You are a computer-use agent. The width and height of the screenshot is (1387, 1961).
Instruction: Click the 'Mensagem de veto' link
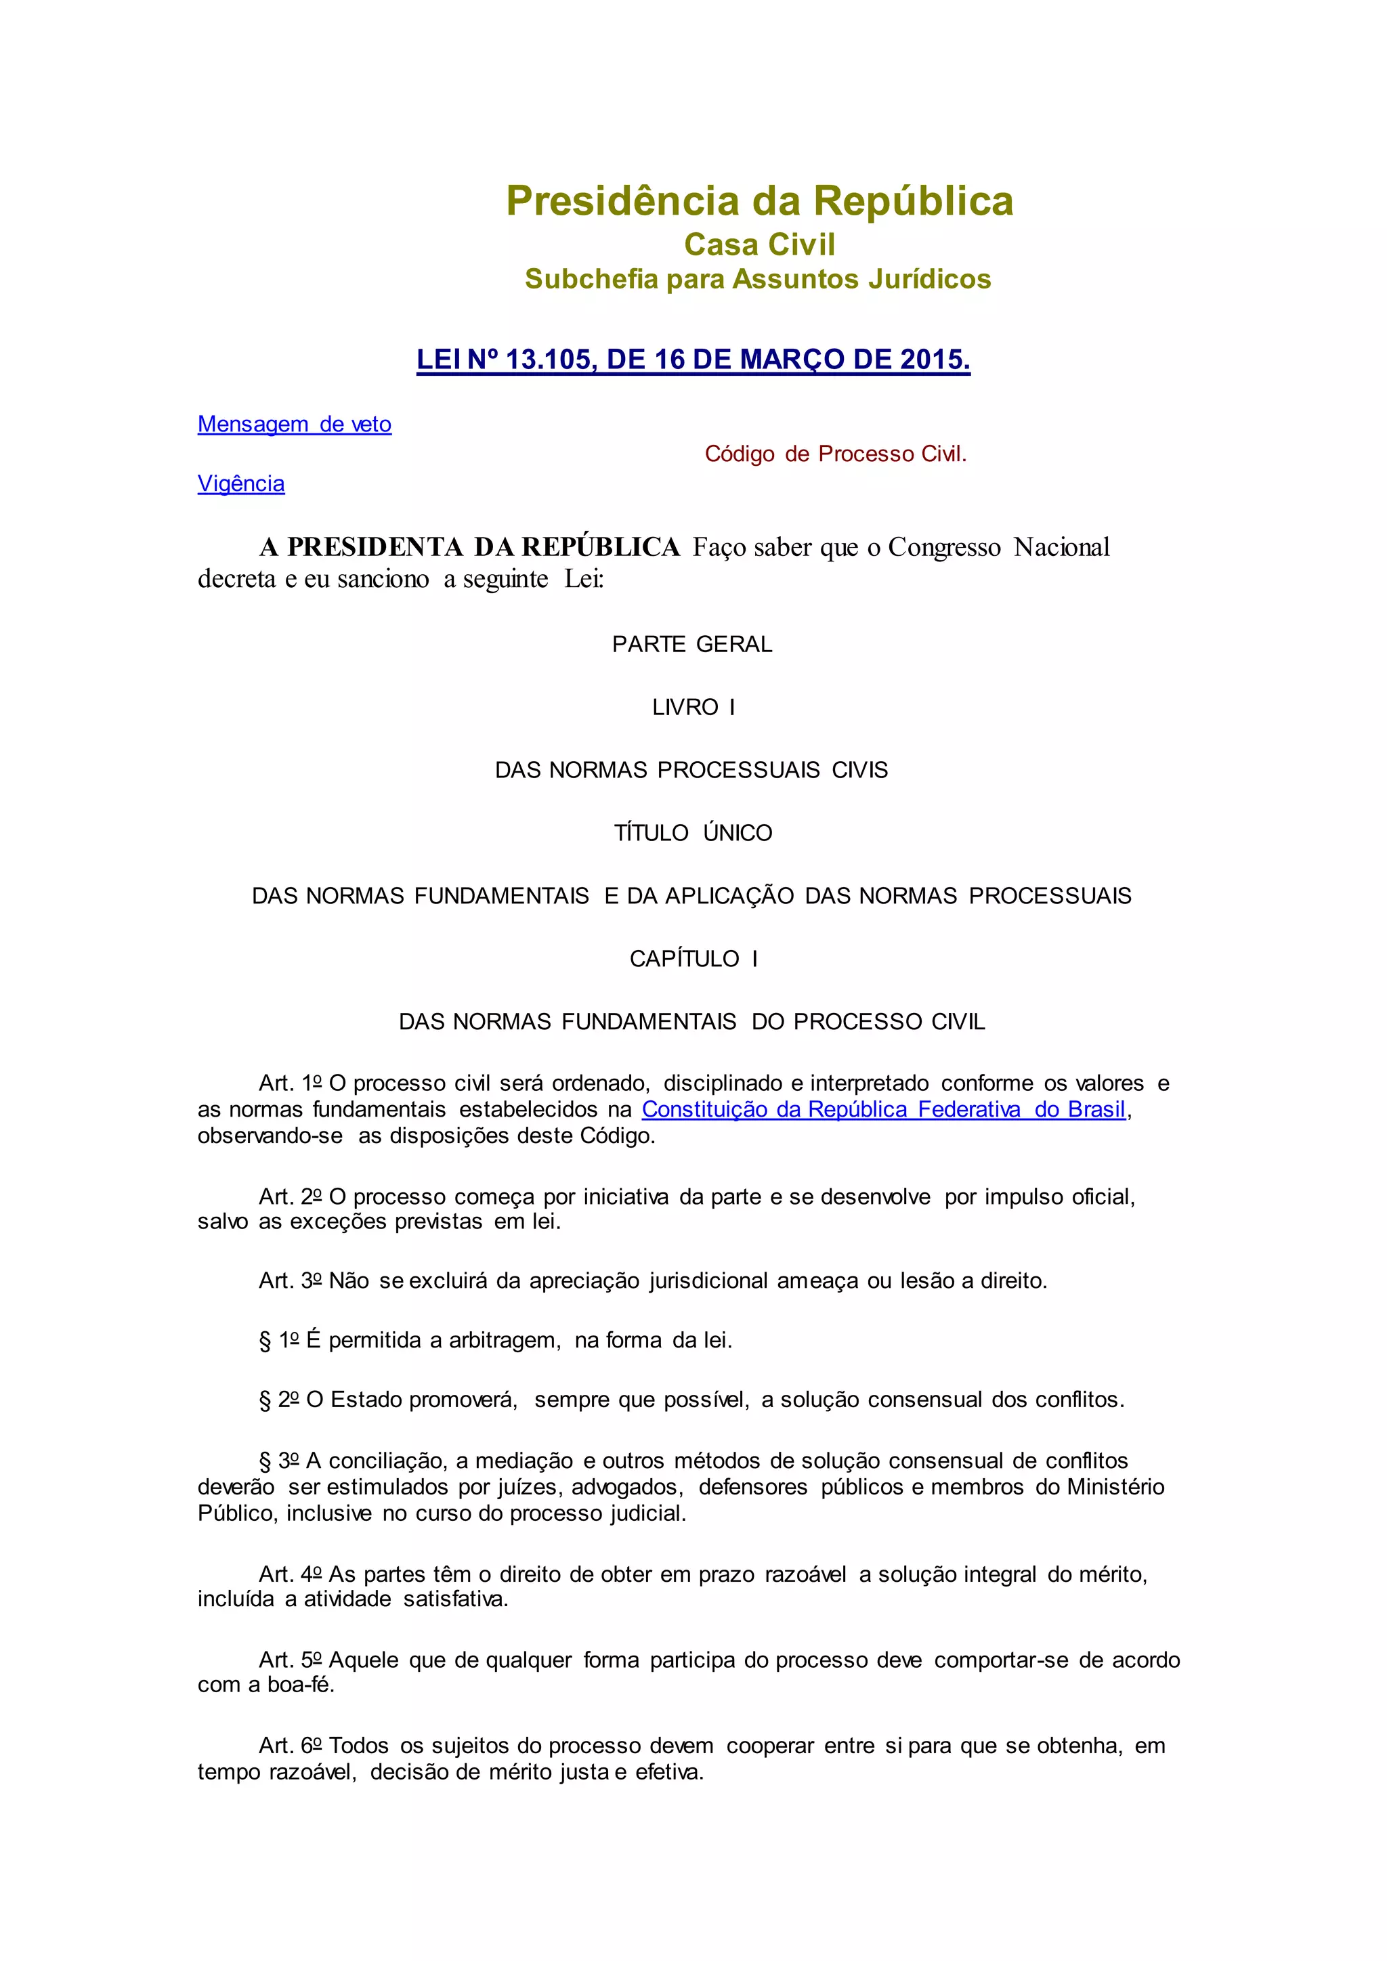294,425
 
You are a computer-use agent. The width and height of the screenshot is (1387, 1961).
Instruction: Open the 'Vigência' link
241,483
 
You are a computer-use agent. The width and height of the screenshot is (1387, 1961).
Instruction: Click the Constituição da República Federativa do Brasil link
883,1109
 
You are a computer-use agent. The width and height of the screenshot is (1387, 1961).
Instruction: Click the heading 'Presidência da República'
759,202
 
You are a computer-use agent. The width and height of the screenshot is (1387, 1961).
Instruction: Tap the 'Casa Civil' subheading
759,245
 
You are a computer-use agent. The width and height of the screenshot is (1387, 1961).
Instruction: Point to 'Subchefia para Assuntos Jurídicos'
758,279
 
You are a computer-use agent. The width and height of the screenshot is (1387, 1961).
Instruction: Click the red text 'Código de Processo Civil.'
835,454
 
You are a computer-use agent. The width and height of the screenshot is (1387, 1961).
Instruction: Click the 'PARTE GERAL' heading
691,644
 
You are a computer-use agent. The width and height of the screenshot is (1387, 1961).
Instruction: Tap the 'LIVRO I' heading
693,707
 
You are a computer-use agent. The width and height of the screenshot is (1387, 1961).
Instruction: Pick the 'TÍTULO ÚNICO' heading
693,833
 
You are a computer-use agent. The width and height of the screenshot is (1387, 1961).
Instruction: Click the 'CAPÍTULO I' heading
693,958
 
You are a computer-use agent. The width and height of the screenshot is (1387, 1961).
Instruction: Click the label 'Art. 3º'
291,1281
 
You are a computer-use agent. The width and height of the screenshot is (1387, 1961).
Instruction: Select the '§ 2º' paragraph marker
279,1400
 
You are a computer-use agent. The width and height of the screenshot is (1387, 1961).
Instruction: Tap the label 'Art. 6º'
291,1746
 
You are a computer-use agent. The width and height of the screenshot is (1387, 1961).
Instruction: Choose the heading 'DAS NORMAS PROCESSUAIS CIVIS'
691,771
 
